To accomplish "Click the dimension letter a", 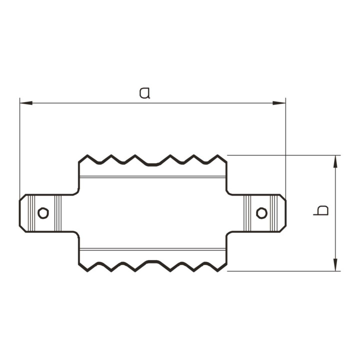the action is [x=144, y=93].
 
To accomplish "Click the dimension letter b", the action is [x=321, y=210].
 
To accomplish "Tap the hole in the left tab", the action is [x=43, y=213].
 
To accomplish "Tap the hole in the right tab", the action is [x=261, y=213].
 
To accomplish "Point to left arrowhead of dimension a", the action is [x=26, y=103].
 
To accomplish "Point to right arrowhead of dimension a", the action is [x=279, y=103].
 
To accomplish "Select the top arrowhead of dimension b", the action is [x=335, y=161].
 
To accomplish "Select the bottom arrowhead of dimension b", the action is [x=335, y=264].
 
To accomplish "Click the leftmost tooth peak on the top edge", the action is [x=87, y=155].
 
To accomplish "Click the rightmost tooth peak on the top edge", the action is [x=217, y=155].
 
